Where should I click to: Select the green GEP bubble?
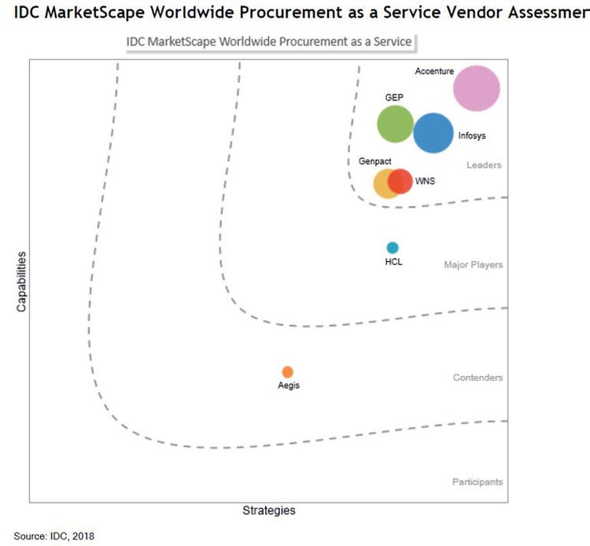396,124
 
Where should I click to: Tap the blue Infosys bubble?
433,133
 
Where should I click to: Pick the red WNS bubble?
400,181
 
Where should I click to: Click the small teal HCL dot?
393,248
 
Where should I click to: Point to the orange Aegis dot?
288,371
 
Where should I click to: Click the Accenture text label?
433,72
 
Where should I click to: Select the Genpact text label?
375,161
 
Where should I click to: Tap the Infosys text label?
472,135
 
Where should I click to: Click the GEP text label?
394,98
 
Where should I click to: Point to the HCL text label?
393,262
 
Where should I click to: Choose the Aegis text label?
289,386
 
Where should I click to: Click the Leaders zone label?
484,165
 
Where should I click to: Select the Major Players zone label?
473,265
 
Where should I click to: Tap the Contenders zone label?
478,378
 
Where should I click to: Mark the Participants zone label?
478,482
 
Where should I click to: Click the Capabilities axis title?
22,282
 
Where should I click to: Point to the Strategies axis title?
269,511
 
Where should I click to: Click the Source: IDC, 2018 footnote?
53,536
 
